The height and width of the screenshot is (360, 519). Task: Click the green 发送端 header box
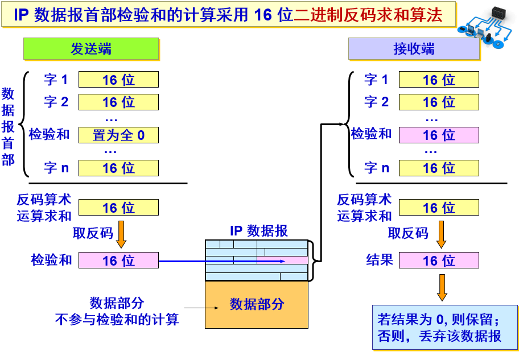coord(90,49)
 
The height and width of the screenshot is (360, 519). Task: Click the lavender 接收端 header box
coord(414,49)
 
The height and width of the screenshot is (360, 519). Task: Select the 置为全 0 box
coord(118,135)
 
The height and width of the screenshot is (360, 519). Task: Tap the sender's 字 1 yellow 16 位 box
coord(118,80)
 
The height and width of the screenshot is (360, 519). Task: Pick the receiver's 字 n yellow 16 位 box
coord(439,168)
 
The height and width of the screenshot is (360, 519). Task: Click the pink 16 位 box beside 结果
coord(439,260)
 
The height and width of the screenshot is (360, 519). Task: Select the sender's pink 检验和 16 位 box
coord(118,260)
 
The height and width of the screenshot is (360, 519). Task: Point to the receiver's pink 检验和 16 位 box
coord(439,135)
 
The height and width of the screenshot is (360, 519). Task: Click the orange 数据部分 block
coord(257,304)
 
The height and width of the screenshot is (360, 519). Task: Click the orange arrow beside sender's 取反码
coord(121,233)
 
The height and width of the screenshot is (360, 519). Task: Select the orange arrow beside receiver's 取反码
coord(441,233)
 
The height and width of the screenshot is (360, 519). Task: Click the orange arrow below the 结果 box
coord(442,287)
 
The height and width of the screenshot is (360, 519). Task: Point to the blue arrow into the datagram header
coord(222,261)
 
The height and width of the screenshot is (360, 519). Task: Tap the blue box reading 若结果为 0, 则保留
coord(444,327)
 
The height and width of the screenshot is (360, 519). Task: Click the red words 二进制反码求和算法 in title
coord(368,15)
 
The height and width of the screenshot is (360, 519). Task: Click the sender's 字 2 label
coord(56,102)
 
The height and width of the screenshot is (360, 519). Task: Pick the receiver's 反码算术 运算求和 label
coord(364,208)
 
